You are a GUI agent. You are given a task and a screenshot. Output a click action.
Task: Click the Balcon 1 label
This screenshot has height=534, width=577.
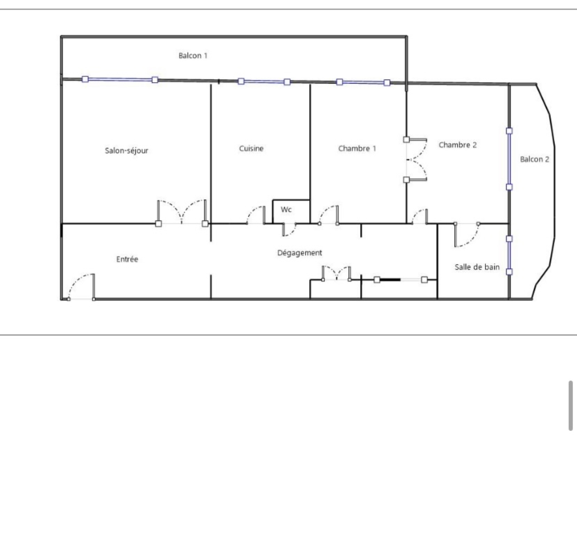pyautogui.click(x=193, y=56)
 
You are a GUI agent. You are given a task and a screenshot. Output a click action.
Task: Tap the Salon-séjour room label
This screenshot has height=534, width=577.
pyautogui.click(x=127, y=150)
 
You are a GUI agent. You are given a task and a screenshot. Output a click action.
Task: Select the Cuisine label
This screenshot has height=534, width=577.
pyautogui.click(x=251, y=148)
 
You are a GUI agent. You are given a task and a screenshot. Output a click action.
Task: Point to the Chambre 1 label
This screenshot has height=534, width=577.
pyautogui.click(x=357, y=148)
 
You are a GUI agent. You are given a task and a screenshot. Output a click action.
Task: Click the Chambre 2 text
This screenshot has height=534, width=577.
pyautogui.click(x=458, y=145)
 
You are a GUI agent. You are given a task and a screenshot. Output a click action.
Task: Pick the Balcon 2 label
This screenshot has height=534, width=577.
pyautogui.click(x=534, y=159)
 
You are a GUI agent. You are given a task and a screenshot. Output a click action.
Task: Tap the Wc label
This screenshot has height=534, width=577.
pyautogui.click(x=286, y=210)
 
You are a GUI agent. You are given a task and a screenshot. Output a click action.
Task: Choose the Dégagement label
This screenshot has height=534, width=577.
pyautogui.click(x=299, y=253)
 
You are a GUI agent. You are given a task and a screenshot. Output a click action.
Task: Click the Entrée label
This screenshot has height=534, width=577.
pyautogui.click(x=127, y=259)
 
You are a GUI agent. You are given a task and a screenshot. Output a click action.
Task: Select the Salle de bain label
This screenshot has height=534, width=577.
pyautogui.click(x=477, y=267)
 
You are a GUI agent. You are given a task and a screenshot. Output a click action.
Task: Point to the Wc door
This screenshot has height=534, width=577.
pyautogui.click(x=289, y=229)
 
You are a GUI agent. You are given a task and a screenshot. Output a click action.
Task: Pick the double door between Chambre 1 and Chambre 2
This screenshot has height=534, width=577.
pyautogui.click(x=416, y=159)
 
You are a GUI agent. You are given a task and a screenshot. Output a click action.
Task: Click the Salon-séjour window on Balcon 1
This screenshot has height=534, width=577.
pyautogui.click(x=120, y=79)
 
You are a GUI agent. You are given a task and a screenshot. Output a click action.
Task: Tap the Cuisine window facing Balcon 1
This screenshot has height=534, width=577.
pyautogui.click(x=264, y=82)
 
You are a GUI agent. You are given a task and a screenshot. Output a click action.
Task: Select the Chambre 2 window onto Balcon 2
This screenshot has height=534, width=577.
pyautogui.click(x=509, y=159)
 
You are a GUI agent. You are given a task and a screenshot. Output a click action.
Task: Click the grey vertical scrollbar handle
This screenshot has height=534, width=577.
pyautogui.click(x=571, y=405)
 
